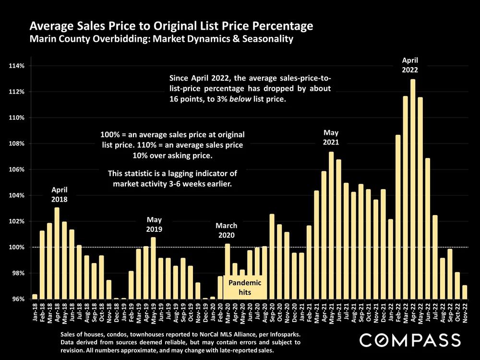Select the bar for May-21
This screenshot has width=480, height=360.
(331, 226)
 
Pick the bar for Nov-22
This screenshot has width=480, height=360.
(465, 292)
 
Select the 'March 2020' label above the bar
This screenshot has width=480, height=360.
(226, 230)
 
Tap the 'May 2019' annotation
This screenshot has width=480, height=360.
(154, 224)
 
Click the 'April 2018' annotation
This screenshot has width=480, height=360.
(59, 194)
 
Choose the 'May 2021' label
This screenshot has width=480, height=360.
(331, 137)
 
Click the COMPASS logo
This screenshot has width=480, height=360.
(410, 340)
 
